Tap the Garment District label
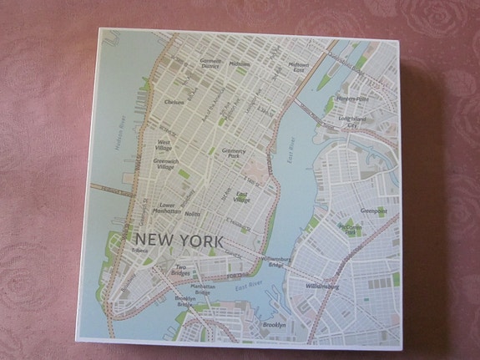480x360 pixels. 210,63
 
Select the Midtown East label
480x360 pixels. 299,68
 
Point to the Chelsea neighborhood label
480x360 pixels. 174,103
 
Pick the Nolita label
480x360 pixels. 193,215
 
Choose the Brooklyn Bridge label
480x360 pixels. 185,301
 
